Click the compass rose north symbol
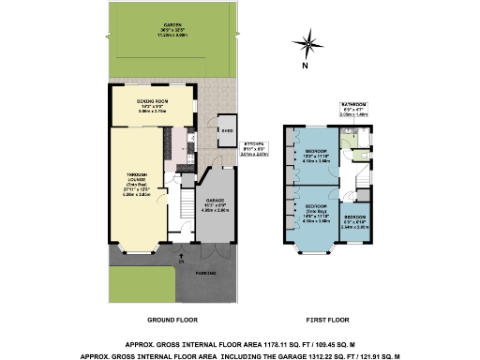pyautogui.click(x=308, y=42)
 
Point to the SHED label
pyautogui.click(x=226, y=130)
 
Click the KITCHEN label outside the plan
pyautogui.click(x=230, y=143)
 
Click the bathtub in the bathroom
pyautogui.click(x=364, y=137)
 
